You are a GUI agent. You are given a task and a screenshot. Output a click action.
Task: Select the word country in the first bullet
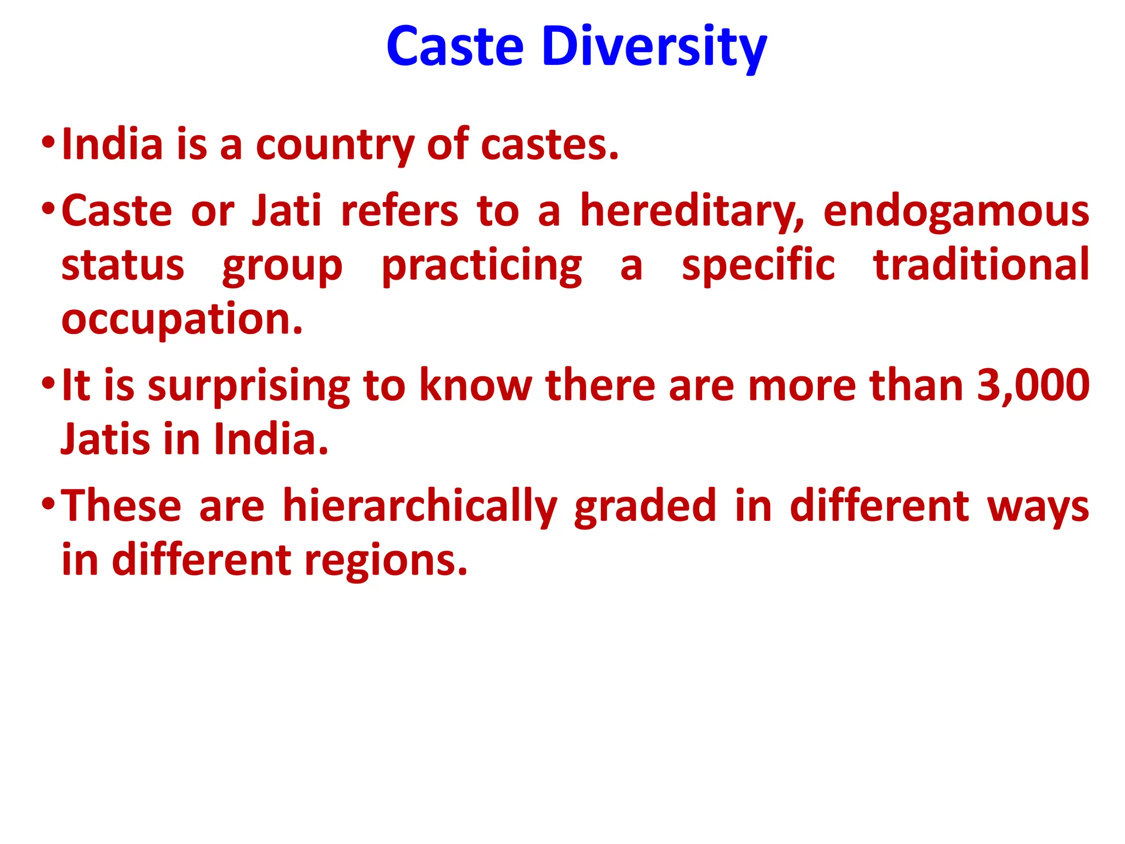pyautogui.click(x=335, y=145)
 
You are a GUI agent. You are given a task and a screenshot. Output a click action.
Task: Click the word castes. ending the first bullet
pyautogui.click(x=549, y=145)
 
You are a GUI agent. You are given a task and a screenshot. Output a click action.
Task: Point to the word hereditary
pyautogui.click(x=692, y=212)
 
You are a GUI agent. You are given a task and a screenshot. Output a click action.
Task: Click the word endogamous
pyautogui.click(x=956, y=212)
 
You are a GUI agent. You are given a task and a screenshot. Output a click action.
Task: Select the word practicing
pyautogui.click(x=482, y=266)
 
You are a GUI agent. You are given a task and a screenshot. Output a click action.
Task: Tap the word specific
pyautogui.click(x=758, y=266)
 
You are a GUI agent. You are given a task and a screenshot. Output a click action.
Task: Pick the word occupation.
pyautogui.click(x=182, y=320)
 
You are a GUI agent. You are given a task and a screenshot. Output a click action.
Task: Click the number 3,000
pyautogui.click(x=1033, y=385)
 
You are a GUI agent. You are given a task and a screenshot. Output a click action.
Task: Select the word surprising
pyautogui.click(x=249, y=386)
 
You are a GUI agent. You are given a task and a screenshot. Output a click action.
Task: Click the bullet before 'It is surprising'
pyautogui.click(x=48, y=383)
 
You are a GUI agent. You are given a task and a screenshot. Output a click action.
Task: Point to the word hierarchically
pyautogui.click(x=420, y=506)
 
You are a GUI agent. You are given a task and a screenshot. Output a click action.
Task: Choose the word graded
pyautogui.click(x=645, y=506)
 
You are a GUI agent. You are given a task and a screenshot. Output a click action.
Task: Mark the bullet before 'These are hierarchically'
pyautogui.click(x=48, y=504)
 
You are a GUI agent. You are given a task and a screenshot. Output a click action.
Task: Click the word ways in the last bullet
pyautogui.click(x=1038, y=507)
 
